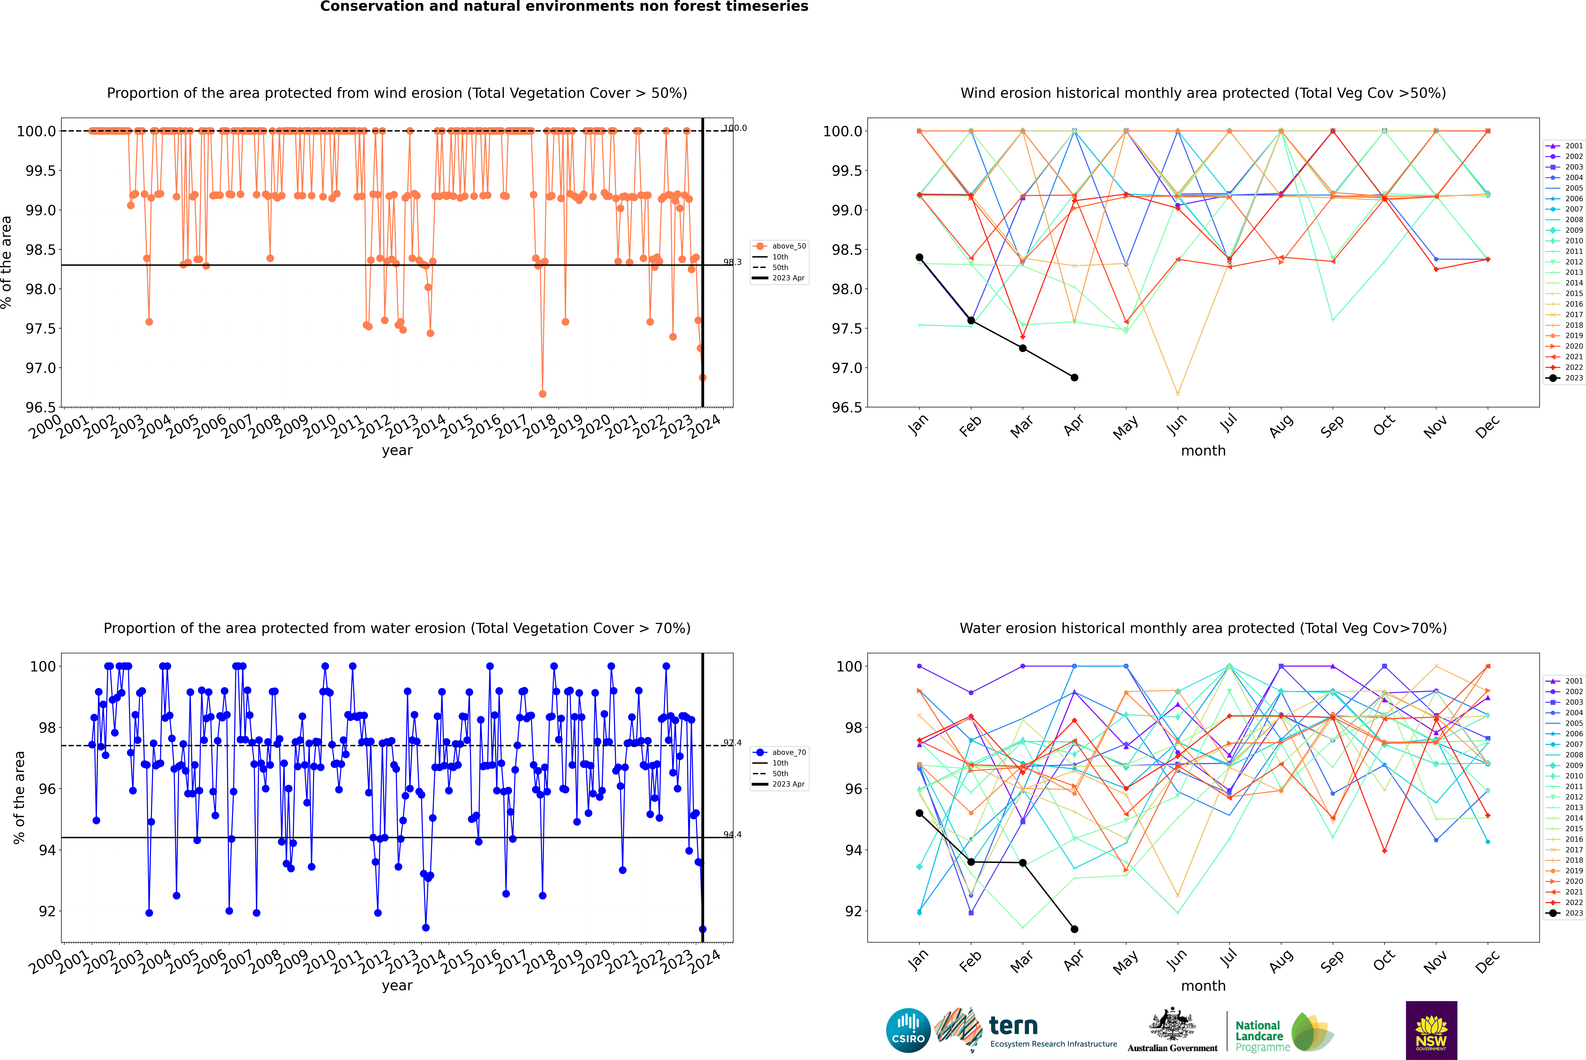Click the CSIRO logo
point(908,1030)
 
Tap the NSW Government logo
point(1431,1030)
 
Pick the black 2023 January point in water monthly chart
point(919,813)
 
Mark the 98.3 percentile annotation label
point(732,262)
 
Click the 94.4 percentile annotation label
point(732,835)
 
